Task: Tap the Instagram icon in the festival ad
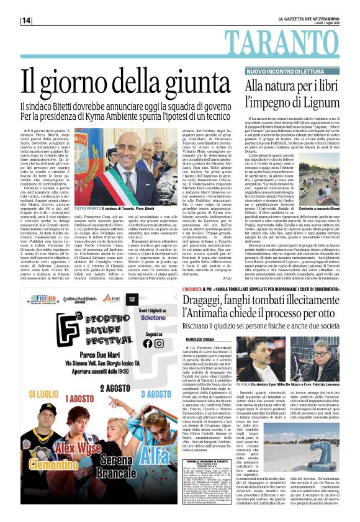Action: [x=158, y=343]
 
